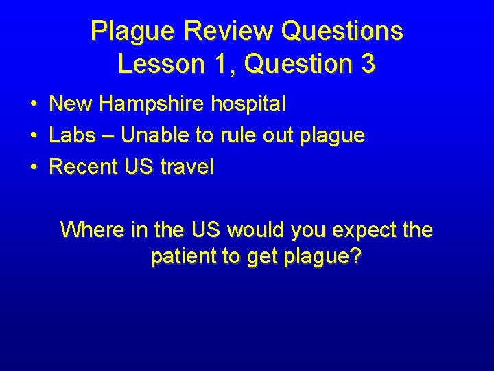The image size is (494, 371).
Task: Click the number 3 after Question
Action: pyautogui.click(x=367, y=64)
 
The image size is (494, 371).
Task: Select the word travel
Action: pyautogui.click(x=187, y=166)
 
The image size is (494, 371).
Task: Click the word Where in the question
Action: pyautogui.click(x=91, y=229)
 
